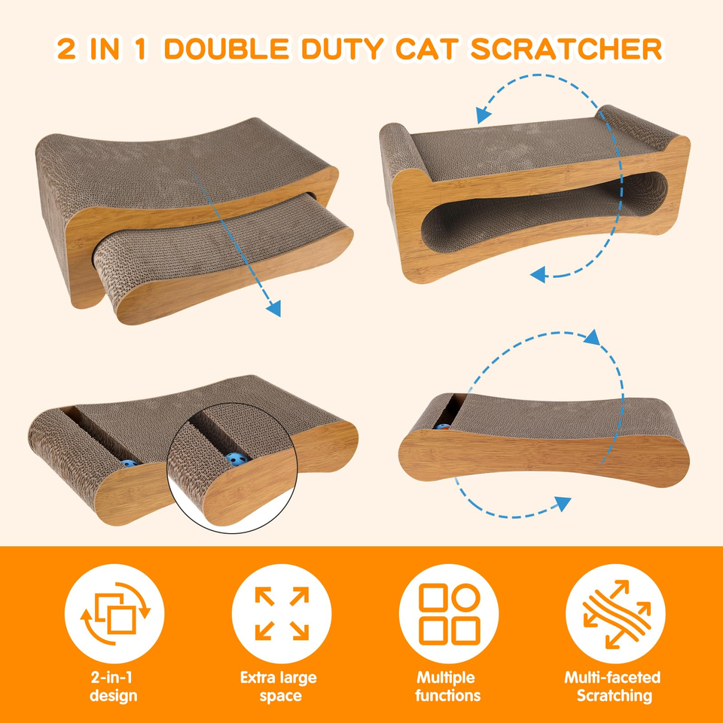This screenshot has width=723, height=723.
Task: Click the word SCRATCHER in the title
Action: pyautogui.click(x=566, y=49)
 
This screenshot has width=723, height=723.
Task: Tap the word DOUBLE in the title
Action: pyautogui.click(x=227, y=49)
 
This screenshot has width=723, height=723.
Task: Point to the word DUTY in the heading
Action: pyautogui.click(x=342, y=49)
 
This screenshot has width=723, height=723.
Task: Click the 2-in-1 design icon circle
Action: pyautogui.click(x=114, y=613)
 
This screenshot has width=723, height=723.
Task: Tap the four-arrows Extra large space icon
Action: pyautogui.click(x=282, y=613)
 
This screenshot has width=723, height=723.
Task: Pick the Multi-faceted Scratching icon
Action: pyautogui.click(x=616, y=614)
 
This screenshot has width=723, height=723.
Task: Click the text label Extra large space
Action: pyautogui.click(x=279, y=686)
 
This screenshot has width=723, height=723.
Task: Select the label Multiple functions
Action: pyautogui.click(x=447, y=686)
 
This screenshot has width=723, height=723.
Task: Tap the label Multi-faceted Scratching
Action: pyautogui.click(x=613, y=686)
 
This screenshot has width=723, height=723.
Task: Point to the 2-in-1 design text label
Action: pyautogui.click(x=113, y=686)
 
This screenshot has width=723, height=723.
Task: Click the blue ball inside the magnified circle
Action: pyautogui.click(x=237, y=459)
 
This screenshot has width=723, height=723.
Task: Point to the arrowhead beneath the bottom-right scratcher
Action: pyautogui.click(x=563, y=504)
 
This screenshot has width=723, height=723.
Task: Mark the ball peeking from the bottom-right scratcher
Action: pyautogui.click(x=443, y=426)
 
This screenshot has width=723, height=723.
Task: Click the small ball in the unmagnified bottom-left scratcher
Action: pyautogui.click(x=130, y=463)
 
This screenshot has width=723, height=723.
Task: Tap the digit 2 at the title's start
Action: pyautogui.click(x=66, y=49)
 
